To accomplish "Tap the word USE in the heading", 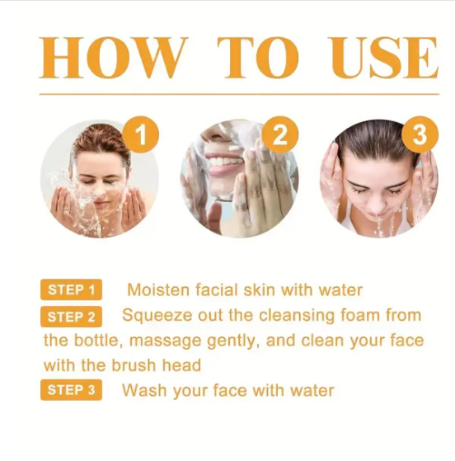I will point(383,58).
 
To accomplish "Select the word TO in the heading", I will point(257,58).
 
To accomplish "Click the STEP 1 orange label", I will point(72,290).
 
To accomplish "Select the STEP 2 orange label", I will point(72,317).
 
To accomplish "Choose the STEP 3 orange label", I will point(72,391).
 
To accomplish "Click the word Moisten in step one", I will point(159,290).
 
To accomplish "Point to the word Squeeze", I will point(156,315).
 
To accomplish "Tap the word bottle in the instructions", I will point(101,340).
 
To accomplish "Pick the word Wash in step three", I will point(143,390).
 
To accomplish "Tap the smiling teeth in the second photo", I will point(223,162).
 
